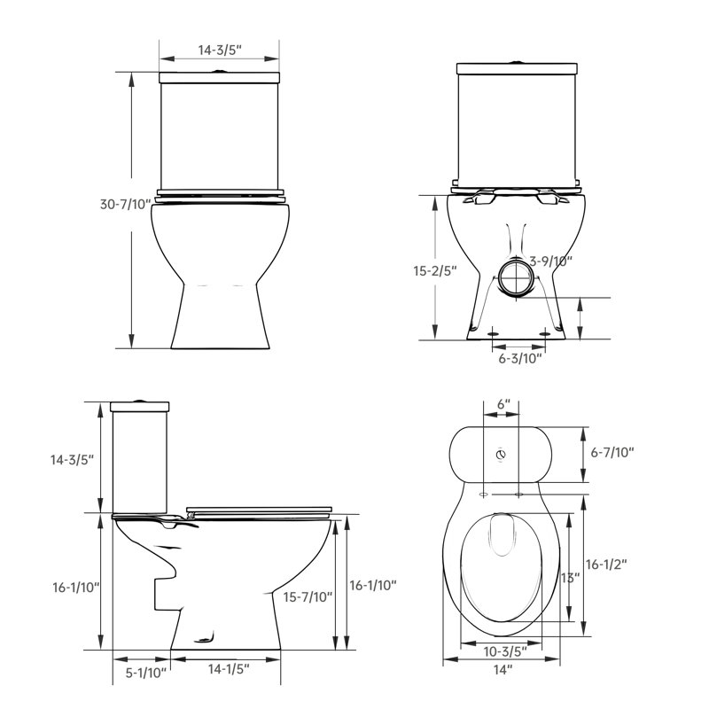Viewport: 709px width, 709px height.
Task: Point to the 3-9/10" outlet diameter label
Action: tap(550, 260)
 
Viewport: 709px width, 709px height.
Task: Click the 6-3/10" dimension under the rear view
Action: tap(519, 358)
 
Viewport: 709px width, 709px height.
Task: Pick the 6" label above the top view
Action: tap(503, 403)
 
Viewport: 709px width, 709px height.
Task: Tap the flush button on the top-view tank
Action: tap(502, 456)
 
